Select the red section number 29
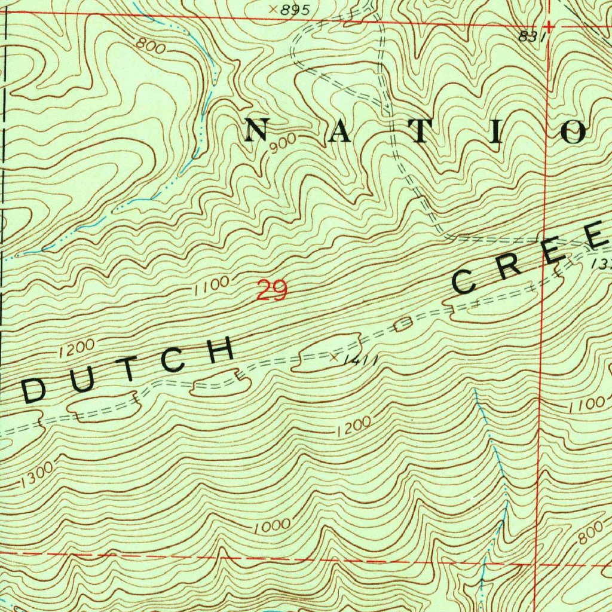pos(272,291)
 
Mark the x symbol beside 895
pos(273,9)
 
